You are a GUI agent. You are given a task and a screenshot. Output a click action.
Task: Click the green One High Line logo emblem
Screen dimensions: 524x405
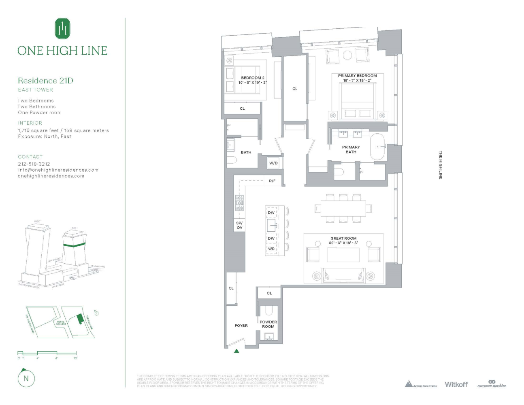(62, 28)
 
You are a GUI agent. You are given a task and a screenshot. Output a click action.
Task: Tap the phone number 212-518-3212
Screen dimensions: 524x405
(34, 164)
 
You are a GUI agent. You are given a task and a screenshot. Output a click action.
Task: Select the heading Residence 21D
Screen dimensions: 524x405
(45, 81)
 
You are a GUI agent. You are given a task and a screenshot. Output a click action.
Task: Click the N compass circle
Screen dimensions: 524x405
(26, 379)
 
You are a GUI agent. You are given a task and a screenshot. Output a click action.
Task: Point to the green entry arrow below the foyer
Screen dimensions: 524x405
(236, 351)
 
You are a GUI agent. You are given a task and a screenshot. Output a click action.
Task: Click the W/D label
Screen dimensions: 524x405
(273, 163)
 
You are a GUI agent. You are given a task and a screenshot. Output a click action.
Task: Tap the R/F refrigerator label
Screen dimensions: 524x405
(272, 181)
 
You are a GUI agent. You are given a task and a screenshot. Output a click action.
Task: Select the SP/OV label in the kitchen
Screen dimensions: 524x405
(239, 225)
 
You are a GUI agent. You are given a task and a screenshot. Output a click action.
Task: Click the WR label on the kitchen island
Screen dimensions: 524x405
(271, 249)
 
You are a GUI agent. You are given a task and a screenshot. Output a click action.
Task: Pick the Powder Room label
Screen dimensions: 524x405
(268, 324)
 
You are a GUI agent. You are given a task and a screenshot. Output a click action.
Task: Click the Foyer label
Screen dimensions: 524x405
(241, 326)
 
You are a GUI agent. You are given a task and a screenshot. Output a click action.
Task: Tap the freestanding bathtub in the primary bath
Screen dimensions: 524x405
(378, 147)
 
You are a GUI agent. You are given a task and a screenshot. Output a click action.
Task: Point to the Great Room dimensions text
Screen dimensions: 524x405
(343, 243)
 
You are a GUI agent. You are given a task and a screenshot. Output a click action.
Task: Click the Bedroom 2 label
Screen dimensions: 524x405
(253, 78)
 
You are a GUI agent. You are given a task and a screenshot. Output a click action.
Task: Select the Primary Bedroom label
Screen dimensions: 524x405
(357, 76)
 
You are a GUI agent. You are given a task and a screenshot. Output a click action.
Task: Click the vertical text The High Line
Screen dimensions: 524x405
(441, 165)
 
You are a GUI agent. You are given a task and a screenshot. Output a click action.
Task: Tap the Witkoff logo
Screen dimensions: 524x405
(456, 384)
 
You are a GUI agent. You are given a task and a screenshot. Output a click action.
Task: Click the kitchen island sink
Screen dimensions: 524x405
(271, 225)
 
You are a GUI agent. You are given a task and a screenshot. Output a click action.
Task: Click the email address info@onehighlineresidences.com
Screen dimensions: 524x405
(58, 170)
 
